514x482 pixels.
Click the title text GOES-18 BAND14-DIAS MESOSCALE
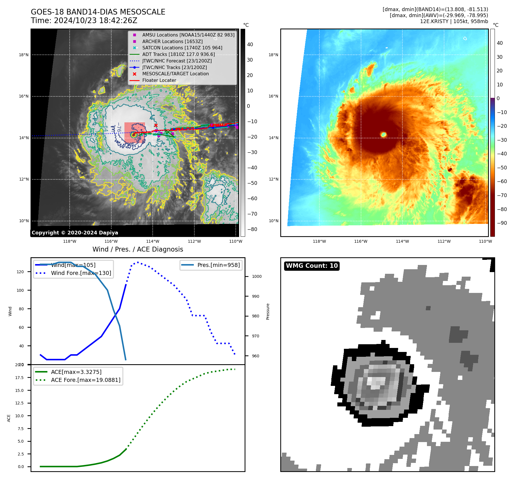tap(98, 12)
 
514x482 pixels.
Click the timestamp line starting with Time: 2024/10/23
tap(84, 21)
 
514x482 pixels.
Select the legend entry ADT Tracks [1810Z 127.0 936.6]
tap(178, 54)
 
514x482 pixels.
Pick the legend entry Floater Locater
tap(159, 80)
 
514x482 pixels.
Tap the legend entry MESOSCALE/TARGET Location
tap(175, 74)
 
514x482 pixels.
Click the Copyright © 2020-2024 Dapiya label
tap(75, 232)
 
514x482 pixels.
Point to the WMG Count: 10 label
tap(312, 266)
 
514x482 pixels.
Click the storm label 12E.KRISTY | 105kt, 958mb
tap(454, 21)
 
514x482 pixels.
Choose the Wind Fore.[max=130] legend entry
tap(81, 273)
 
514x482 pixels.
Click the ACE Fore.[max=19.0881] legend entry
tap(85, 380)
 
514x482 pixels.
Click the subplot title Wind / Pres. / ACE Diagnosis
tap(138, 249)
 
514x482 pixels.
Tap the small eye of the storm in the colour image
tap(384, 134)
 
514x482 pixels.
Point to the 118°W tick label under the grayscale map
tap(70, 241)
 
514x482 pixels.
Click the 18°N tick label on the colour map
tap(273, 55)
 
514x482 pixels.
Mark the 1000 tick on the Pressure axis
tap(257, 276)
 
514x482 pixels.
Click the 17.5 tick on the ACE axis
tap(19, 378)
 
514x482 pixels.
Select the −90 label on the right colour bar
tap(502, 223)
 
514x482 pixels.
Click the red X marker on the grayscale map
tap(156, 125)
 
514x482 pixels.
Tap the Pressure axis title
tap(268, 311)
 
